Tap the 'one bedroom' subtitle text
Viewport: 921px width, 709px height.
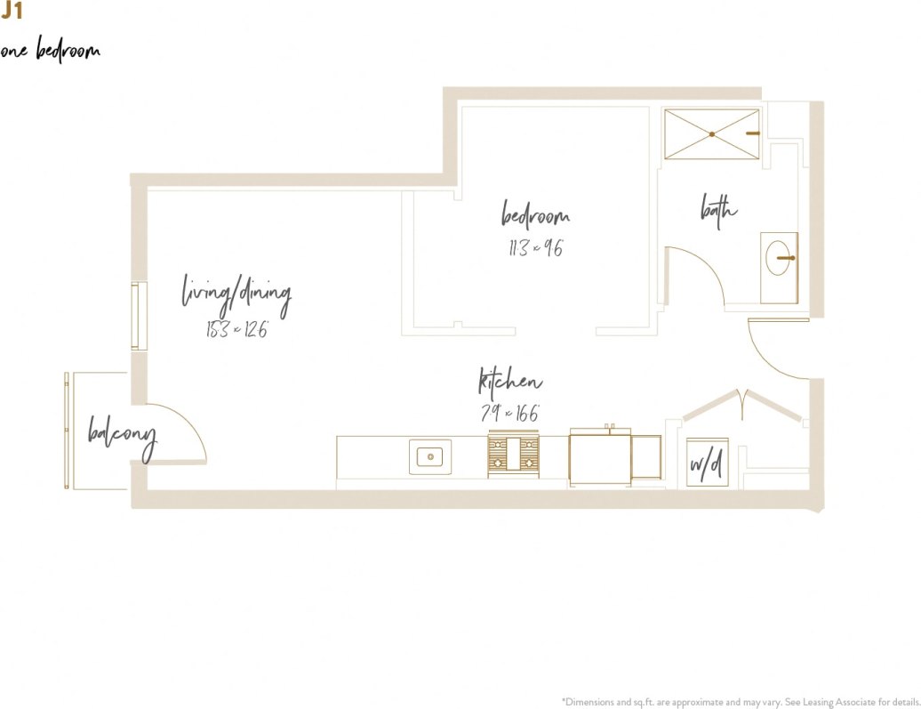pyautogui.click(x=51, y=51)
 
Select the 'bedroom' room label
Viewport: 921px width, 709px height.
pyautogui.click(x=535, y=216)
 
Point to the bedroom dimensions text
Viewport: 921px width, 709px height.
pyautogui.click(x=535, y=249)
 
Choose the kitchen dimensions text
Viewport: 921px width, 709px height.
pyautogui.click(x=509, y=414)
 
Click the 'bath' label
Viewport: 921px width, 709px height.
pyautogui.click(x=719, y=211)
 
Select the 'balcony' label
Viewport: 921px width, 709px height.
pyautogui.click(x=122, y=435)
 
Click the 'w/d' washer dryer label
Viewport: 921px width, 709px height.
pyautogui.click(x=706, y=465)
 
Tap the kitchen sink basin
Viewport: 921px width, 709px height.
pyautogui.click(x=430, y=457)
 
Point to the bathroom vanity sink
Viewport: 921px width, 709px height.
pyautogui.click(x=780, y=258)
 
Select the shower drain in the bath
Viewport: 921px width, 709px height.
pyautogui.click(x=712, y=134)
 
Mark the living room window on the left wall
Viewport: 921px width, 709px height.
pyautogui.click(x=140, y=317)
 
